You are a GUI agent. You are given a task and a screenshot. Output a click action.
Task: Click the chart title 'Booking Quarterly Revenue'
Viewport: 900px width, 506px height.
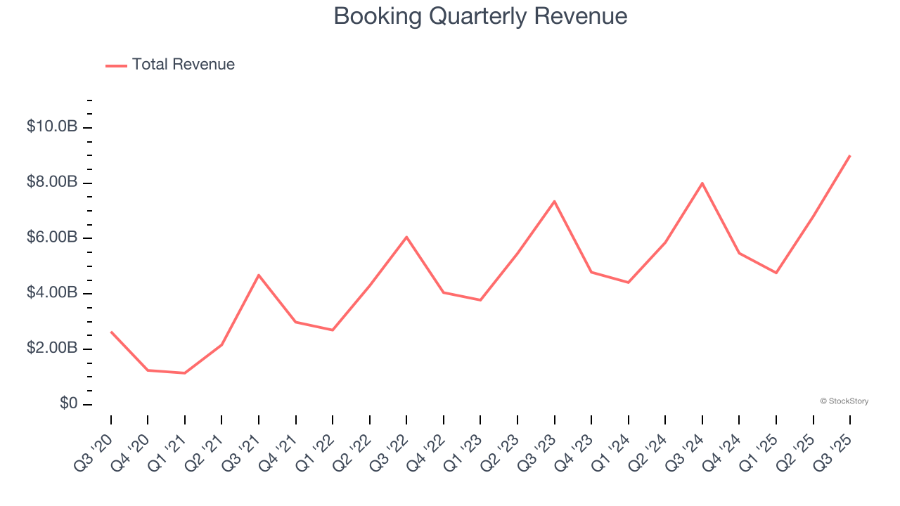click(480, 16)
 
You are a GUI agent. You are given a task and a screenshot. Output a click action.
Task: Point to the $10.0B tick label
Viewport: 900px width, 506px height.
click(52, 127)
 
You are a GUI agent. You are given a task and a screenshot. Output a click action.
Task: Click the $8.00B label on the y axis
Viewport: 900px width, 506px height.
click(52, 183)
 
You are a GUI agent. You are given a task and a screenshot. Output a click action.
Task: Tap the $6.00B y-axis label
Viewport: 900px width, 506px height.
click(52, 238)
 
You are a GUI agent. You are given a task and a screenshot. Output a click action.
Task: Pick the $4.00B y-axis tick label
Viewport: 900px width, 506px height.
click(52, 293)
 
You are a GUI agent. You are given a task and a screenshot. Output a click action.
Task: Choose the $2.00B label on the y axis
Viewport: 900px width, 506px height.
click(52, 349)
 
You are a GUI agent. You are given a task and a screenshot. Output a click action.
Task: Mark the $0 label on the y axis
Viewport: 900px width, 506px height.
click(69, 404)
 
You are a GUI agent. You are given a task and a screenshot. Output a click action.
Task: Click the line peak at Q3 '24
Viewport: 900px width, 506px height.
click(702, 183)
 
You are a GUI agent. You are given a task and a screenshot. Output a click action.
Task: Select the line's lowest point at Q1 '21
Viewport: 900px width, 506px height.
click(185, 373)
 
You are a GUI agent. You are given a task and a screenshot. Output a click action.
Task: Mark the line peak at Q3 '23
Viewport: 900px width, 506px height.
click(555, 202)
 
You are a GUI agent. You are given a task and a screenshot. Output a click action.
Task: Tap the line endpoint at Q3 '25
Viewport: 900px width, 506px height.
click(850, 156)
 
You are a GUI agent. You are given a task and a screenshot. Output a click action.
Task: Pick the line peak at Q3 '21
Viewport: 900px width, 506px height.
click(259, 275)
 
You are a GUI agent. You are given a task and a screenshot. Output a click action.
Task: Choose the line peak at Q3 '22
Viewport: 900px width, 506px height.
click(406, 237)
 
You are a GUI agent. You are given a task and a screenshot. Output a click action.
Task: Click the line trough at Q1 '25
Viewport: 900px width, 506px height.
click(776, 273)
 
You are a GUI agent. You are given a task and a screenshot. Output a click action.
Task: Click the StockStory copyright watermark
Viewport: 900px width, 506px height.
click(844, 401)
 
